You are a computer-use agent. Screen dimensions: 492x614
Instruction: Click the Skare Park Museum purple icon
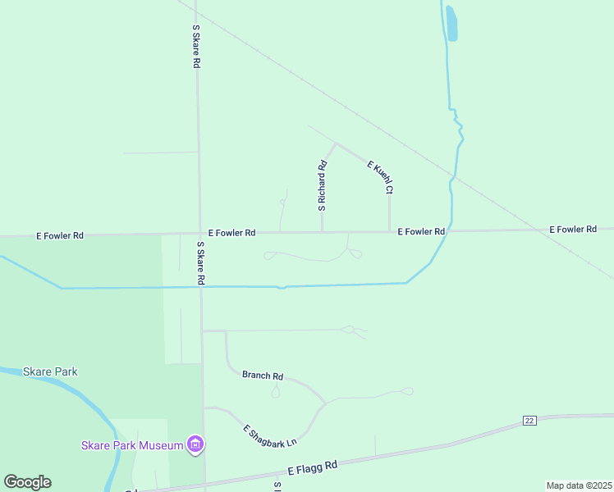pyautogui.click(x=195, y=445)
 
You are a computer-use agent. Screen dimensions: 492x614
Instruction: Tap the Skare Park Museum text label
pyautogui.click(x=131, y=445)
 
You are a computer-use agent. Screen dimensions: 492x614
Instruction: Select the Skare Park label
pyautogui.click(x=50, y=371)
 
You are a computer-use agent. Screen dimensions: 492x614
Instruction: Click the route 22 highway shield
pyautogui.click(x=529, y=421)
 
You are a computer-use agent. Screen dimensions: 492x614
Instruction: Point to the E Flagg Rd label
pyautogui.click(x=313, y=468)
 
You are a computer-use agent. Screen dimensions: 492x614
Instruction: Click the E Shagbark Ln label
pyautogui.click(x=269, y=436)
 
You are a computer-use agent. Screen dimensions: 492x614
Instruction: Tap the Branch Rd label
pyautogui.click(x=263, y=376)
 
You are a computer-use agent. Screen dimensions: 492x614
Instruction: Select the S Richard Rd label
pyautogui.click(x=323, y=185)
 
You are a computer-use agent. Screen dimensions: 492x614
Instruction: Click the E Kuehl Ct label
pyautogui.click(x=381, y=177)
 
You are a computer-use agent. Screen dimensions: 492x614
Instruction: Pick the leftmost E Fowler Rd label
pyautogui.click(x=60, y=235)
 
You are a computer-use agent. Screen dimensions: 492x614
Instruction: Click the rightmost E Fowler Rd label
pyautogui.click(x=573, y=230)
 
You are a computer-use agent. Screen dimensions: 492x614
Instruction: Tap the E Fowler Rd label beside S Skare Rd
pyautogui.click(x=231, y=233)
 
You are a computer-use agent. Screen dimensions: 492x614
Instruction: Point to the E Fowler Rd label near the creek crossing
pyautogui.click(x=421, y=232)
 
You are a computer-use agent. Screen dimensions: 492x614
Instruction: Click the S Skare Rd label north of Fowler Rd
pyautogui.click(x=196, y=45)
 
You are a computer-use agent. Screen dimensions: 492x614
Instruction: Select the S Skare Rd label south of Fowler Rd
pyautogui.click(x=200, y=263)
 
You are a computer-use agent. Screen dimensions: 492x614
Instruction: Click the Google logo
pyautogui.click(x=27, y=482)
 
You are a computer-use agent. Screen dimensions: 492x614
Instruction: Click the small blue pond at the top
pyautogui.click(x=451, y=24)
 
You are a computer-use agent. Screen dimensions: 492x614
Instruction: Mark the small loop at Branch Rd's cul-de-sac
pyautogui.click(x=276, y=392)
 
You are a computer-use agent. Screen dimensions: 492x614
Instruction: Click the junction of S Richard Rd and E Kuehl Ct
pyautogui.click(x=335, y=143)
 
